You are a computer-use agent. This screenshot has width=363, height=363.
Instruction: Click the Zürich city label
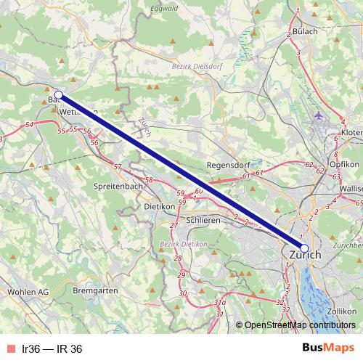pyautogui.click(x=305, y=256)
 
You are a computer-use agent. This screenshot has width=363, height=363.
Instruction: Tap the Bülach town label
pyautogui.click(x=305, y=31)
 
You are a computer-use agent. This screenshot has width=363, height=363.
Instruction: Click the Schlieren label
pyautogui.click(x=204, y=219)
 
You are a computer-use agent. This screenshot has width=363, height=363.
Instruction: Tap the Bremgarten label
pyautogui.click(x=95, y=290)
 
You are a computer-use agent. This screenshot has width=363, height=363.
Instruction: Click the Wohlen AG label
pyautogui.click(x=27, y=291)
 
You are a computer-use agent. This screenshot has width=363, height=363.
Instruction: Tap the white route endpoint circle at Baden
pyautogui.click(x=59, y=95)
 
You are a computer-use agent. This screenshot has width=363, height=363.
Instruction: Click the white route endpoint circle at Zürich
pyautogui.click(x=303, y=248)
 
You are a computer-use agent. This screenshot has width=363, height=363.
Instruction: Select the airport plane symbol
pyautogui.click(x=320, y=115)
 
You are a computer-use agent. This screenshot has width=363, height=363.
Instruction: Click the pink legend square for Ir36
pyautogui.click(x=9, y=348)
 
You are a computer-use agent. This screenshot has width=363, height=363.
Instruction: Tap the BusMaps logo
pyautogui.click(x=328, y=348)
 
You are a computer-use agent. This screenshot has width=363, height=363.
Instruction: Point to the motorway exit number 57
pyautogui.click(x=118, y=168)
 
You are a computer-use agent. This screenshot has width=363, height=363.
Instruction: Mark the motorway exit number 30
pyautogui.click(x=183, y=293)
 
